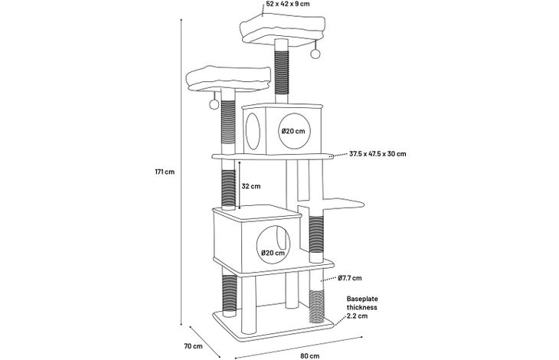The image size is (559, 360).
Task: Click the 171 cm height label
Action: pyautogui.click(x=165, y=172)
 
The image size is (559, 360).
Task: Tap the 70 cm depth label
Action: pyautogui.click(x=193, y=345)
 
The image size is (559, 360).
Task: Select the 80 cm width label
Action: pyautogui.click(x=310, y=355)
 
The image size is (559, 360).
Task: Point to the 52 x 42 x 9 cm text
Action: pyautogui.click(x=288, y=4)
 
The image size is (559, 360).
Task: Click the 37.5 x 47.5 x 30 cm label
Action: pyautogui.click(x=378, y=154)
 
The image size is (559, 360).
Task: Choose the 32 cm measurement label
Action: pyautogui.click(x=251, y=186)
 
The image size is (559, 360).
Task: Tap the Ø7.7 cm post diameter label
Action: pyautogui.click(x=350, y=278)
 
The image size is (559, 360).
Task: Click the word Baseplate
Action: pyautogui.click(x=362, y=299)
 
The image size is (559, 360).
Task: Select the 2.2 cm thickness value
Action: pyautogui.click(x=357, y=316)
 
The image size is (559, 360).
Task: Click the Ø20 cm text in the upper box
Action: pyautogui.click(x=293, y=131)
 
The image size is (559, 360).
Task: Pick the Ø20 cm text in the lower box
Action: pyautogui.click(x=273, y=253)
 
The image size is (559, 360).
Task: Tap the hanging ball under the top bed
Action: pyautogui.click(x=315, y=54)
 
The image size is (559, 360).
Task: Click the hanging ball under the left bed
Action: pyautogui.click(x=214, y=104)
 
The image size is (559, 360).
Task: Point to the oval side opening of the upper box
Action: pyautogui.click(x=253, y=131)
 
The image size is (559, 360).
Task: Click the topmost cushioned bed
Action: pyautogui.click(x=283, y=30)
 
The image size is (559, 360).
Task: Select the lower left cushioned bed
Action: pyautogui.click(x=227, y=79)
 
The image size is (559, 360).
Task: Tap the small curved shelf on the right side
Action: pyautogui.click(x=343, y=204)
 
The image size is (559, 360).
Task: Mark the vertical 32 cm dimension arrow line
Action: pyautogui.click(x=240, y=185)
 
